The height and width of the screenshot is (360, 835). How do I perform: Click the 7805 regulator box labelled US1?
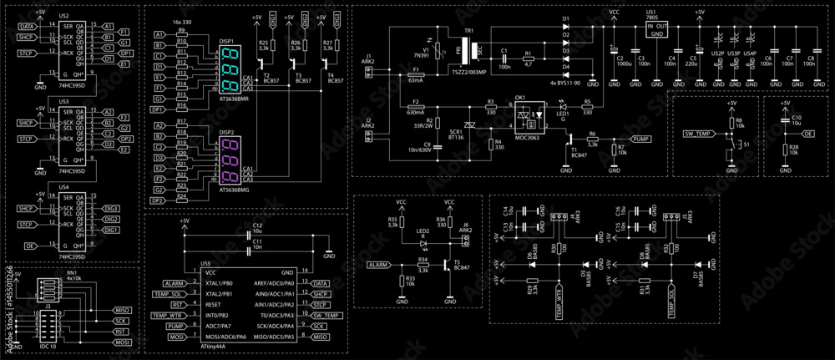click(658, 30)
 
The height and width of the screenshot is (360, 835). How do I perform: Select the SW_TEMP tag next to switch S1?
click(699, 134)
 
